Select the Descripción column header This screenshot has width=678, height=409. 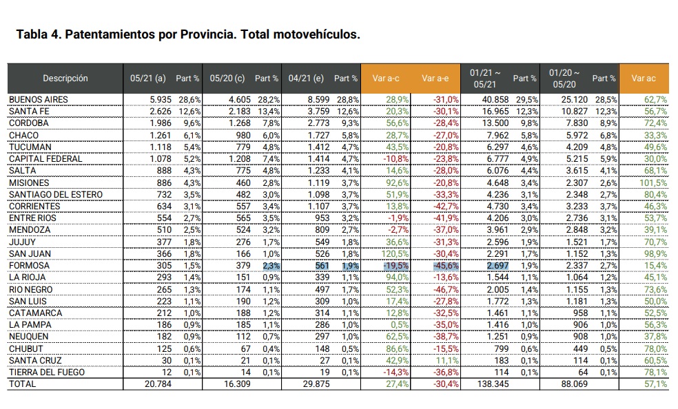coord(65,78)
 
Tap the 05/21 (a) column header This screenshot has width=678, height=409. coord(148,78)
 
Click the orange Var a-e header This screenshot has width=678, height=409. coord(435,78)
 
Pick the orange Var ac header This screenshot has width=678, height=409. coord(644,78)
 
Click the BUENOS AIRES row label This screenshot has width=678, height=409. coord(39,99)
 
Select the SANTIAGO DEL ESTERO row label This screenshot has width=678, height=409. coord(56,194)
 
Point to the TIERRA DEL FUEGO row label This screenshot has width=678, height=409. coord(47,372)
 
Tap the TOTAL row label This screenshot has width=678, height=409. coord(23,384)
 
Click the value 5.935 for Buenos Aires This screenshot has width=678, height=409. coord(161,99)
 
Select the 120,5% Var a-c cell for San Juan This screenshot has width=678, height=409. coord(395,253)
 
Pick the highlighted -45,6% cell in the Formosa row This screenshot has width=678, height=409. coord(446,266)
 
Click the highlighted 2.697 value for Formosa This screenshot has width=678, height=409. coord(497,266)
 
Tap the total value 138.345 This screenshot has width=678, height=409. coord(493,384)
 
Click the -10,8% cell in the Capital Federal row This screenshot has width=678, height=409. coord(396,158)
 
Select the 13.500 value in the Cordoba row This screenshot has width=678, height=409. coord(495,123)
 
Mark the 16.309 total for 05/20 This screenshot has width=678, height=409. coord(238,384)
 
